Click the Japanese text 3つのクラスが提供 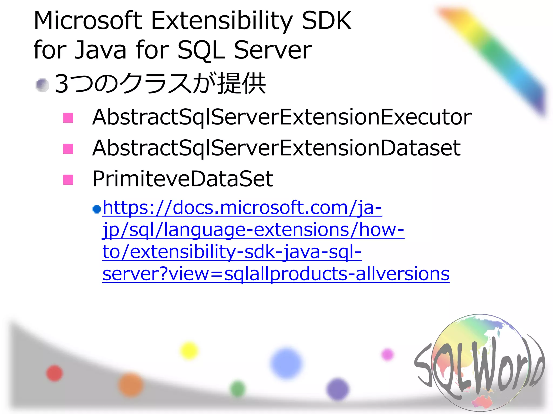[160, 84]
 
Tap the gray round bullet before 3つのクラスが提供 [42, 85]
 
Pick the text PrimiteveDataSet [183, 179]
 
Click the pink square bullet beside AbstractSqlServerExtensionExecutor [68, 118]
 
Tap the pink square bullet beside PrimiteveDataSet [68, 180]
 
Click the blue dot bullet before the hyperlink [96, 209]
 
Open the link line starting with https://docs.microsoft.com [242, 208]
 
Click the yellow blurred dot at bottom [189, 351]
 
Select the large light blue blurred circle [286, 363]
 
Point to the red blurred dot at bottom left [55, 373]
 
